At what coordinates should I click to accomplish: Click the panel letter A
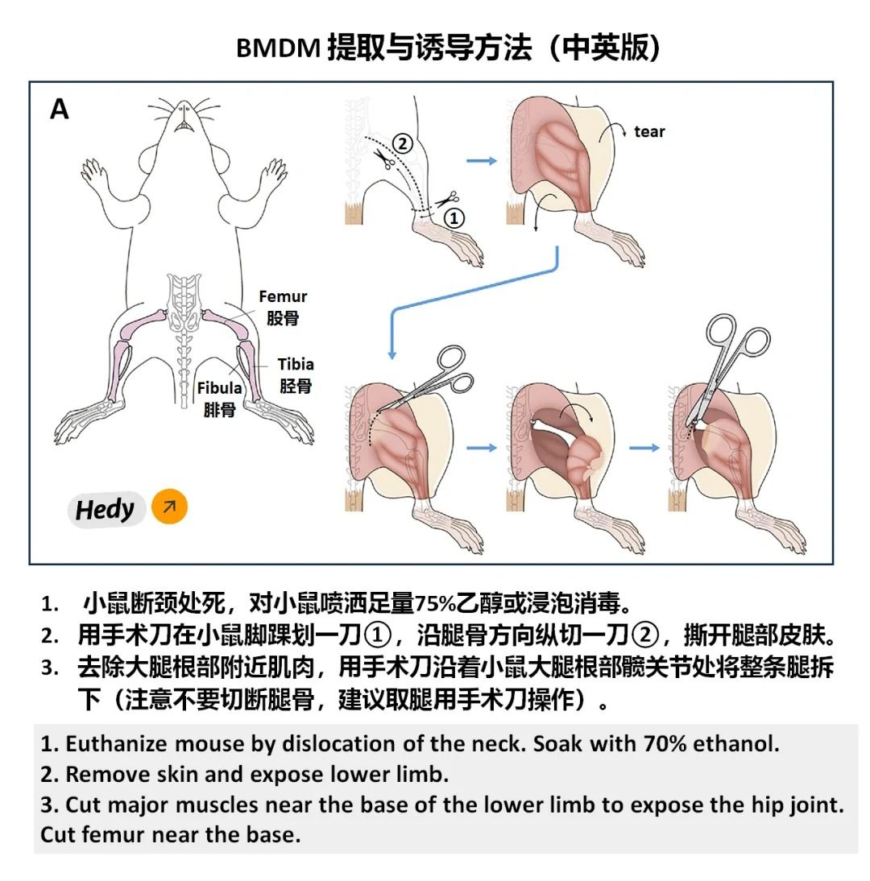pos(60,109)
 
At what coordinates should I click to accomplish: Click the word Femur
pos(283,297)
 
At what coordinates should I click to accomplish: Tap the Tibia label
pos(296,365)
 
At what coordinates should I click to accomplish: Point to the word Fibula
pos(219,388)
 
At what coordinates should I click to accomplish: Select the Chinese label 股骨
pos(283,318)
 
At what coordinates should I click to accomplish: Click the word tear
pos(649,132)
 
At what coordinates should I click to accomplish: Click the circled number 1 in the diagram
pos(454,217)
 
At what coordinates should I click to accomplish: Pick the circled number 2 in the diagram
pos(402,145)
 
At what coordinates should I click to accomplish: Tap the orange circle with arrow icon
pos(169,507)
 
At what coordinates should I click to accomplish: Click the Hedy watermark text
pos(105,510)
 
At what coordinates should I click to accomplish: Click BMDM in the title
pos(279,48)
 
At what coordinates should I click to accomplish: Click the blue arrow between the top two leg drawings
pos(482,161)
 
